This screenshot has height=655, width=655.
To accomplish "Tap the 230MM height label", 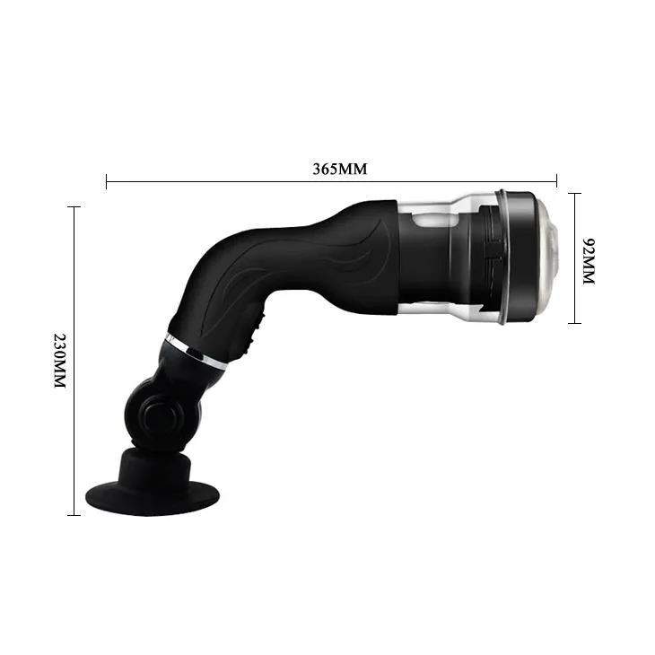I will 59,360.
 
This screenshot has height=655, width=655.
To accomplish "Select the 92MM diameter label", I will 589,261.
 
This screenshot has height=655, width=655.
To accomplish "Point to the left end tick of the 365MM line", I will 107,181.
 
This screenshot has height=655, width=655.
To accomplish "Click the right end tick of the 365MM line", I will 557,181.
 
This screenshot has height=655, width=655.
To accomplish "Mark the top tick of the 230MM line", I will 74,207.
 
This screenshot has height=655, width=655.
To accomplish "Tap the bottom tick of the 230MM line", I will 74,515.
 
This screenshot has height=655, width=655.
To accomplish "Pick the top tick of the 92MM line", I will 575,193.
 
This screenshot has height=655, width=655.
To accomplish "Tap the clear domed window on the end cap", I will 550,258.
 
